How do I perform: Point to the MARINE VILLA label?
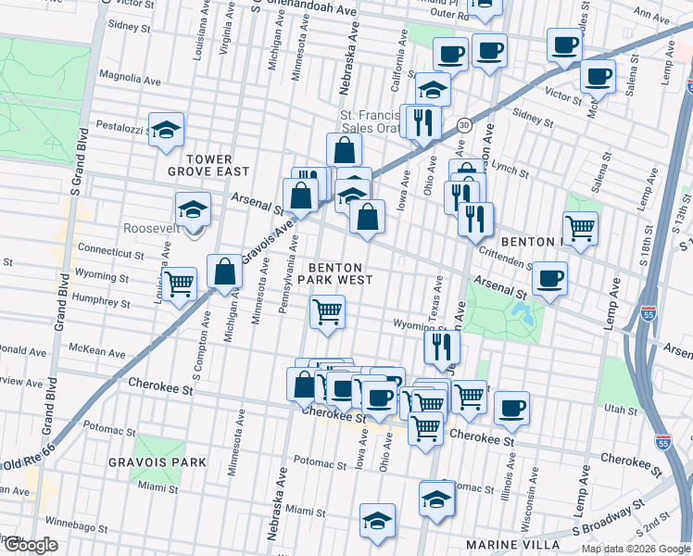click(521, 544)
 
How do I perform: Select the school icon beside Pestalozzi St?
click(166, 130)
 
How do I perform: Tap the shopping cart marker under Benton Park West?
click(327, 311)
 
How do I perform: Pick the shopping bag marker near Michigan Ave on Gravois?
click(224, 272)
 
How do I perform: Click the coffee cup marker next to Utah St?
click(510, 408)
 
